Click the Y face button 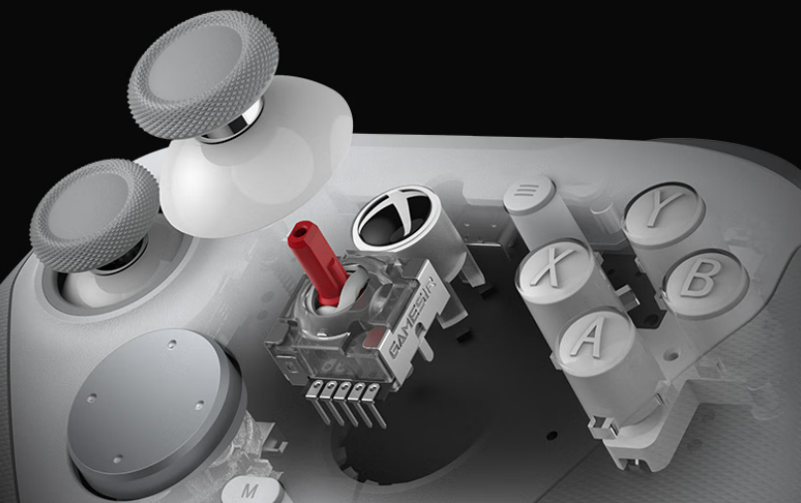click(663, 211)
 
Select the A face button click(593, 338)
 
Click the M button click(251, 490)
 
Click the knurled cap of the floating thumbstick click(203, 73)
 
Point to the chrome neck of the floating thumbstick click(232, 124)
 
